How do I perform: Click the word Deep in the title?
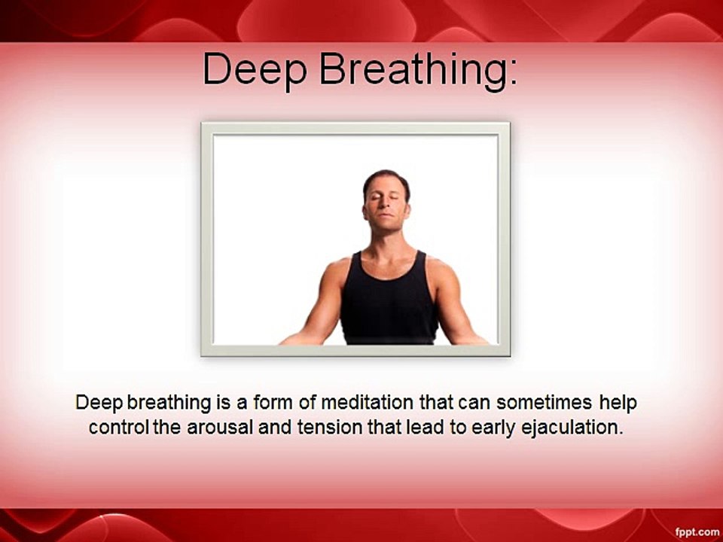[x=255, y=69]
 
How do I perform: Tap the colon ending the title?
[x=513, y=74]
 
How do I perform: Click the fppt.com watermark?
[x=697, y=532]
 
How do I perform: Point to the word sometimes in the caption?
[x=544, y=402]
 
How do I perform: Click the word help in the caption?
[x=618, y=403]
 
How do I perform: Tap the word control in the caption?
[x=118, y=428]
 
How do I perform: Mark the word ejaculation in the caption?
[x=572, y=428]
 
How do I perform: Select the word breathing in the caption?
[x=169, y=403]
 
